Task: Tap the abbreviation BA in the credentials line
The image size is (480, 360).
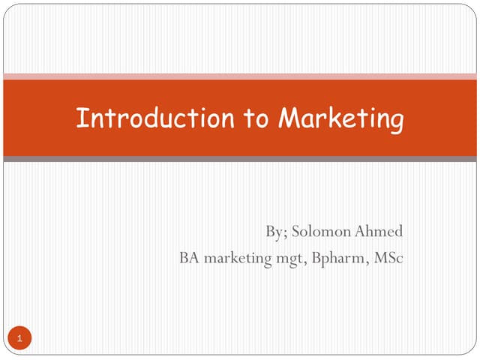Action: pyautogui.click(x=189, y=259)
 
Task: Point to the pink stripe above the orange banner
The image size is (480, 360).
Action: pyautogui.click(x=240, y=76)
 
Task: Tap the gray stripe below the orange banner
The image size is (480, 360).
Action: pyautogui.click(x=240, y=159)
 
